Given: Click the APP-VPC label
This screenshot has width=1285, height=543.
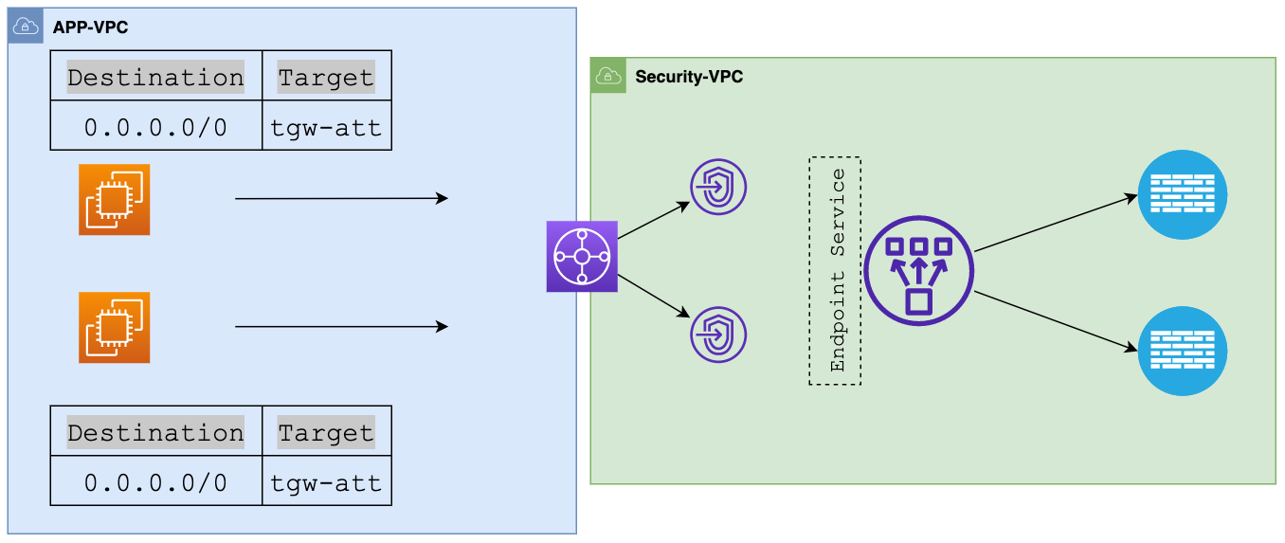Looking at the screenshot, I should coord(90,27).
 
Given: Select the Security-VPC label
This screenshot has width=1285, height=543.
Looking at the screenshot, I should coord(689,77).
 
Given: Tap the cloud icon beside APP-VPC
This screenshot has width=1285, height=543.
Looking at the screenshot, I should coord(26,27).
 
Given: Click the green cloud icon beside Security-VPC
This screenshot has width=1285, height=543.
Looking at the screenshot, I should coord(608,76).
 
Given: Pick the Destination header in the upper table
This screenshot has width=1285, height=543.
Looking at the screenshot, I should coord(155,77).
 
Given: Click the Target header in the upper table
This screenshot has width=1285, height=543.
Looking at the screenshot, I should coord(326,77).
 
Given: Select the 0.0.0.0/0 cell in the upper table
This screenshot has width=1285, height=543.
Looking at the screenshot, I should coord(155,128).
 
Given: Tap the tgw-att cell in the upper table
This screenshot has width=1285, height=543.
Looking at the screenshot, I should coord(326,128).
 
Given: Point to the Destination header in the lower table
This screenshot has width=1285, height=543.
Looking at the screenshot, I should coord(155,432).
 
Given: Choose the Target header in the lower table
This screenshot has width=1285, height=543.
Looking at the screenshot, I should coord(326,432).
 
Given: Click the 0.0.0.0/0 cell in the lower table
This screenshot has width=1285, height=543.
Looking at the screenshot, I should coord(155,482).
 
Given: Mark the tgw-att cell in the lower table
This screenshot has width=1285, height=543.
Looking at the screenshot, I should coord(326,482).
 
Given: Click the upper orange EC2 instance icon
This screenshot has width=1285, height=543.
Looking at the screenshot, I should coord(114,199).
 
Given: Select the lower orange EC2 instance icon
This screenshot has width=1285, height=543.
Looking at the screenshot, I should coord(114,327).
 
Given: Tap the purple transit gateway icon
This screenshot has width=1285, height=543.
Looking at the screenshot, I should coord(582,256).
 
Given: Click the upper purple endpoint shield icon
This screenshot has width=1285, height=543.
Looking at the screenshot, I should coord(718,187).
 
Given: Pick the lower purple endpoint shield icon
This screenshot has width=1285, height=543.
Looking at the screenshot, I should coord(718,334).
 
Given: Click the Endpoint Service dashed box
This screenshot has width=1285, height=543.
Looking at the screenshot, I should coord(835,271).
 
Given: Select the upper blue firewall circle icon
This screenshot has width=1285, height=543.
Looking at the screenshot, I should coord(1183,194).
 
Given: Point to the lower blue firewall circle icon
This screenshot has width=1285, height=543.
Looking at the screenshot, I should coord(1183,351).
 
